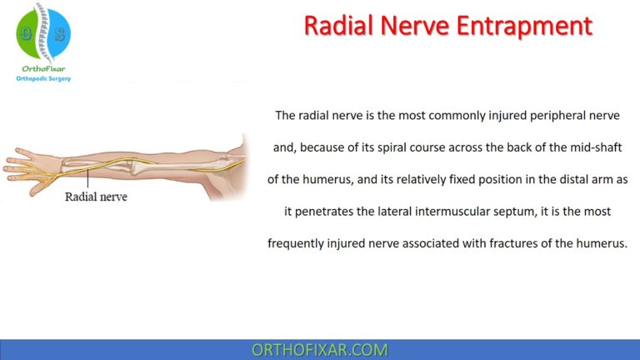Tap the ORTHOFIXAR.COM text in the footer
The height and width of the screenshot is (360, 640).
pos(319,350)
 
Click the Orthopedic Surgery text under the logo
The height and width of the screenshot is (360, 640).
pos(43,78)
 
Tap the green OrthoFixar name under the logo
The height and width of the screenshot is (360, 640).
pos(43,67)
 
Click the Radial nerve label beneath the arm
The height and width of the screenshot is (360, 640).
pos(95,198)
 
